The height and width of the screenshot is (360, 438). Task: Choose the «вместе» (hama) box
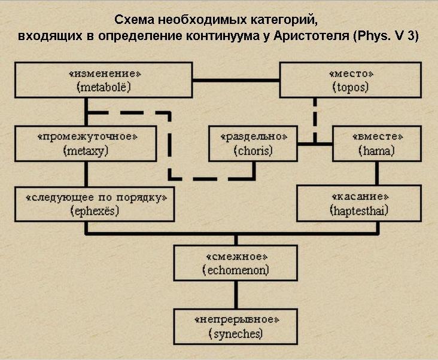[x=376, y=144]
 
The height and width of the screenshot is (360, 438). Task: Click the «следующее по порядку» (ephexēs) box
[x=95, y=203]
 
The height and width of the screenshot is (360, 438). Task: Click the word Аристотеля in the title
[x=305, y=35]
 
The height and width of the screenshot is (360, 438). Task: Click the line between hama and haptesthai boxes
[x=376, y=173]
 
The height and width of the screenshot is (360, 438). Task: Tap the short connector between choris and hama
[x=315, y=144]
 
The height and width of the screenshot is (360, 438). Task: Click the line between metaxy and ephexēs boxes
[x=87, y=173]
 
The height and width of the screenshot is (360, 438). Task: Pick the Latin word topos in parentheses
[x=351, y=88]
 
